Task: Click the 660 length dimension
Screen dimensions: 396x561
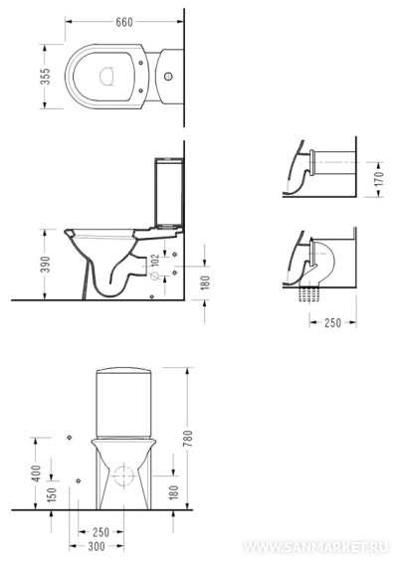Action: point(124,22)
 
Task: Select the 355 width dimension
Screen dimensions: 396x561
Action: point(46,77)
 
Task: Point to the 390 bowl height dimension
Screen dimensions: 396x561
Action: point(45,264)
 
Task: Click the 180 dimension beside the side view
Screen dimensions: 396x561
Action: point(206,282)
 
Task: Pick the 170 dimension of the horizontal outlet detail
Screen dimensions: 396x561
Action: point(378,179)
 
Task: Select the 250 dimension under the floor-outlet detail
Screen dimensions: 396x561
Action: point(332,322)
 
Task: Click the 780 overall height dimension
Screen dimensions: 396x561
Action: point(187,439)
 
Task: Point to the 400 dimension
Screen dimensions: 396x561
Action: point(37,473)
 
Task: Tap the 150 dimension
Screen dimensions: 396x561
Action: point(52,494)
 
